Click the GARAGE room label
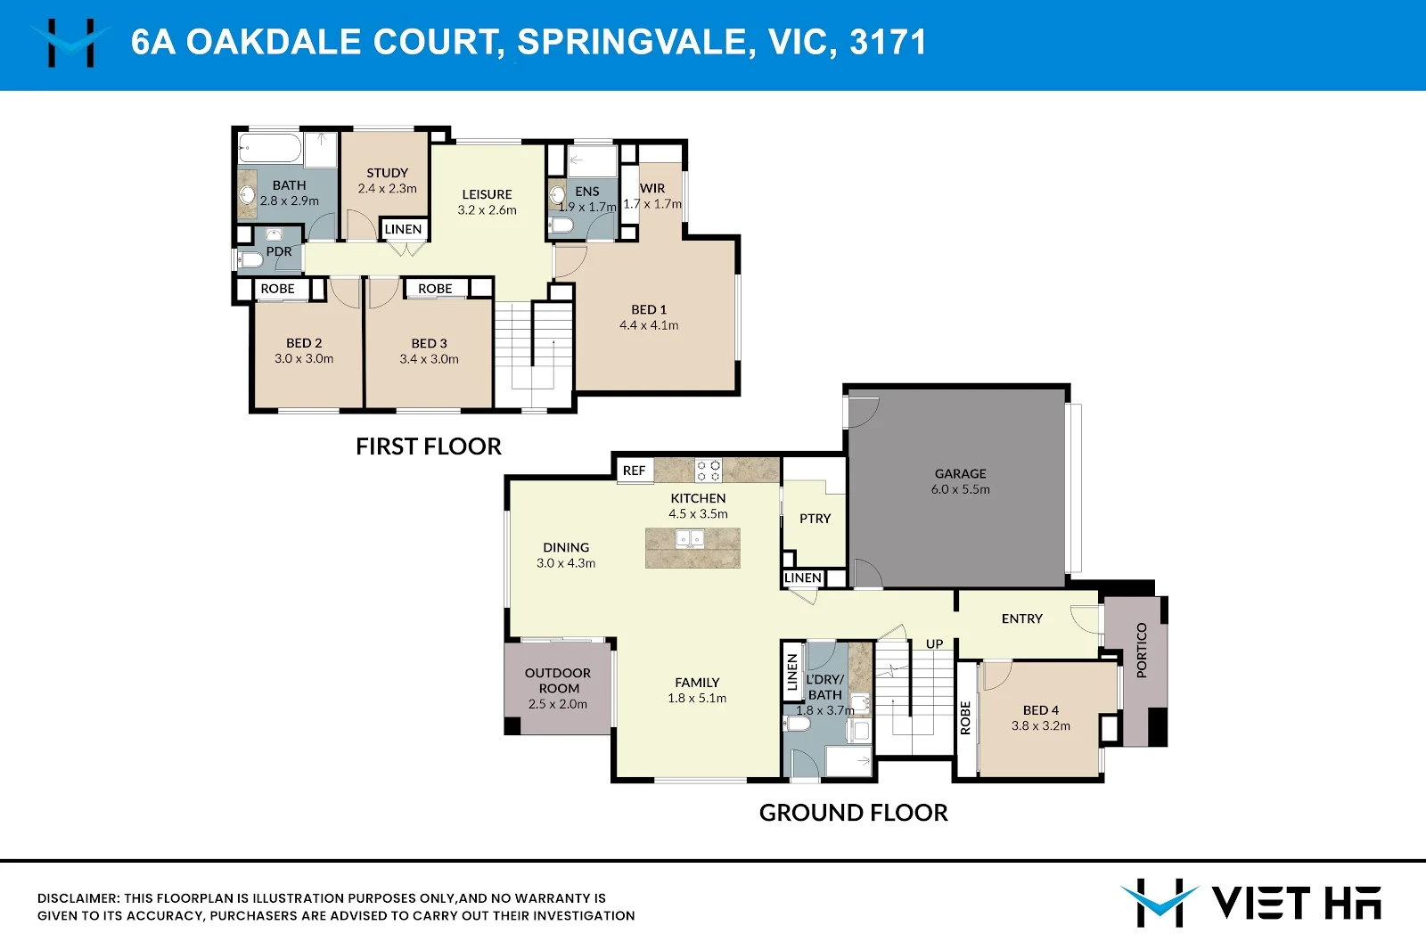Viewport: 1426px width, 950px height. pos(960,474)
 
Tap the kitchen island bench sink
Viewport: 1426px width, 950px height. pos(691,539)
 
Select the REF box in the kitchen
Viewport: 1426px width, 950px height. pos(635,471)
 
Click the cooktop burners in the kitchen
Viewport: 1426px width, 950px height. pos(709,470)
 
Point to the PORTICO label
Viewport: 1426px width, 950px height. pos(1142,650)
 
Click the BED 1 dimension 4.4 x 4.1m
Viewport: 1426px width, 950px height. pos(649,325)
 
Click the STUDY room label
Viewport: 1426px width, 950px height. pos(387,173)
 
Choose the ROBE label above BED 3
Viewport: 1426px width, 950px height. pos(435,289)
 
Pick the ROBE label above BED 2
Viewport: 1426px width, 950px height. pos(277,289)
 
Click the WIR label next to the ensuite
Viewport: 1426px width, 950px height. pos(652,188)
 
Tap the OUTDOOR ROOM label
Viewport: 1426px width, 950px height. pos(558,681)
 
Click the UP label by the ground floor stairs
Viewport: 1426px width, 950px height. pos(934,643)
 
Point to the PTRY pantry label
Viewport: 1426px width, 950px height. pos(815,519)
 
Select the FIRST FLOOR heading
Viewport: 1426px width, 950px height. pos(428,446)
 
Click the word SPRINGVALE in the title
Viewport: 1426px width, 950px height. pos(631,42)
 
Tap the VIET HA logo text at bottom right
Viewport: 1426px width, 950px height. pos(1296,903)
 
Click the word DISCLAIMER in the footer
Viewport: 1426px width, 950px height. pos(78,898)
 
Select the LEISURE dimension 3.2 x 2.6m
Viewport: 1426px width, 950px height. pos(487,210)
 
